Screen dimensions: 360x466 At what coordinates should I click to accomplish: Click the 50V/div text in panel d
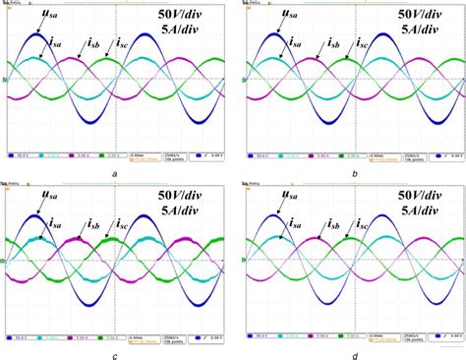coord(424,196)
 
